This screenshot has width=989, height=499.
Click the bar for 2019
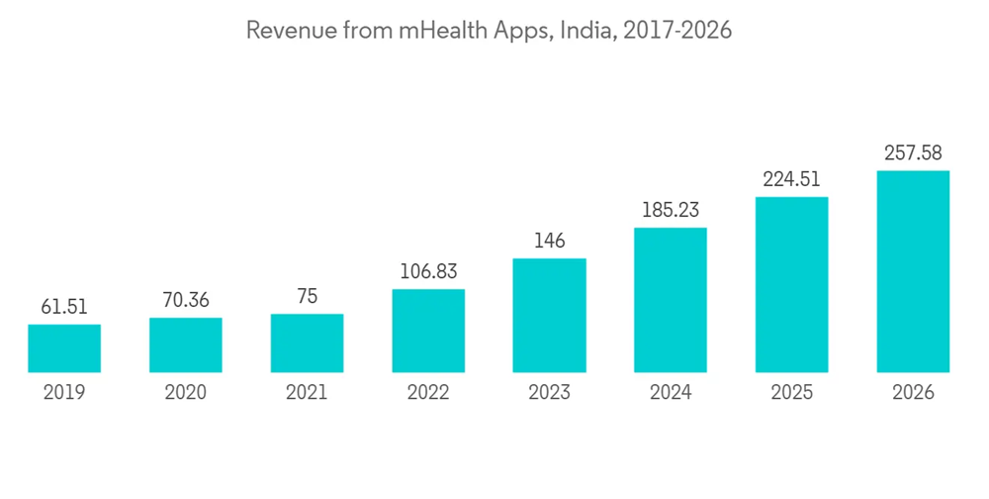(64, 349)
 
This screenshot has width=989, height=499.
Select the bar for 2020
(186, 346)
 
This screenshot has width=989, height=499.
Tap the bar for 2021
(307, 344)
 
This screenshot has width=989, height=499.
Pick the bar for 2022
(428, 331)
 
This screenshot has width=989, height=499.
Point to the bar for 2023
(549, 316)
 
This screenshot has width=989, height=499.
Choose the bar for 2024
(671, 300)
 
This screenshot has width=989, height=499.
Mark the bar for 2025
(792, 285)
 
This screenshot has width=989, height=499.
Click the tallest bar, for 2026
(913, 271)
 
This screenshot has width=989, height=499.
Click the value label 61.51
(64, 308)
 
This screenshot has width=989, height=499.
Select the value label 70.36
(186, 300)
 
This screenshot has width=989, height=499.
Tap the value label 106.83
(428, 271)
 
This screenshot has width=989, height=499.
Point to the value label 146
(549, 241)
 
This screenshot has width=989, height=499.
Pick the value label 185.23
(671, 210)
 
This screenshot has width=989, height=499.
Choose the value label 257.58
(913, 152)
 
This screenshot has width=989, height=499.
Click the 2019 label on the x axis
(64, 393)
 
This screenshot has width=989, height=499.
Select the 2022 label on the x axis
(428, 393)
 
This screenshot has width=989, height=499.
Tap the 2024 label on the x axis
(671, 393)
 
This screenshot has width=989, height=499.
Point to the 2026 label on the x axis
(913, 393)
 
